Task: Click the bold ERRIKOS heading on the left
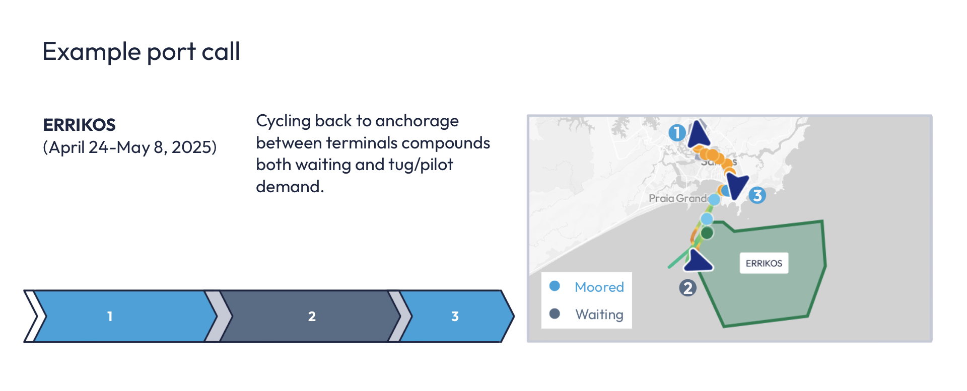pyautogui.click(x=79, y=125)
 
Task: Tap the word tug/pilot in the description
pyautogui.click(x=421, y=165)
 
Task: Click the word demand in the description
pyautogui.click(x=288, y=187)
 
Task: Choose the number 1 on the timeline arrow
pyautogui.click(x=110, y=317)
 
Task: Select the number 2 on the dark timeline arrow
pyautogui.click(x=312, y=317)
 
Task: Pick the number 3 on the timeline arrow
pyautogui.click(x=455, y=317)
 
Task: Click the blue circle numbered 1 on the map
pyautogui.click(x=677, y=132)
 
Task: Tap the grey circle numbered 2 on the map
pyautogui.click(x=687, y=288)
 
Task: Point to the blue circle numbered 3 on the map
pyautogui.click(x=757, y=195)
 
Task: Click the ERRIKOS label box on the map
pyautogui.click(x=764, y=263)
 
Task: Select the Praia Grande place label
pyautogui.click(x=677, y=198)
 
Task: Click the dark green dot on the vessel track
pyautogui.click(x=707, y=233)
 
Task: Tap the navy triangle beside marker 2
pyautogui.click(x=698, y=261)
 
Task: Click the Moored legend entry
pyautogui.click(x=599, y=287)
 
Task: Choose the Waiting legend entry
pyautogui.click(x=599, y=315)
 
